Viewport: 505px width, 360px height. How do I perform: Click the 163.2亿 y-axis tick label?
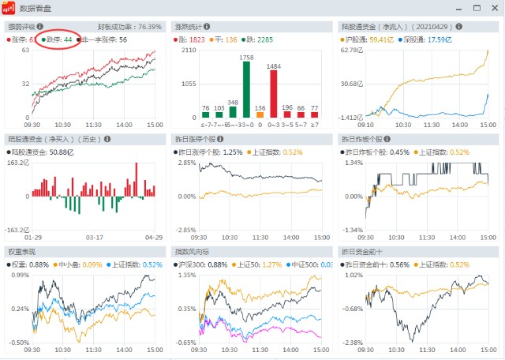(17, 163)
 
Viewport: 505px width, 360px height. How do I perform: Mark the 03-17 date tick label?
(95, 237)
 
